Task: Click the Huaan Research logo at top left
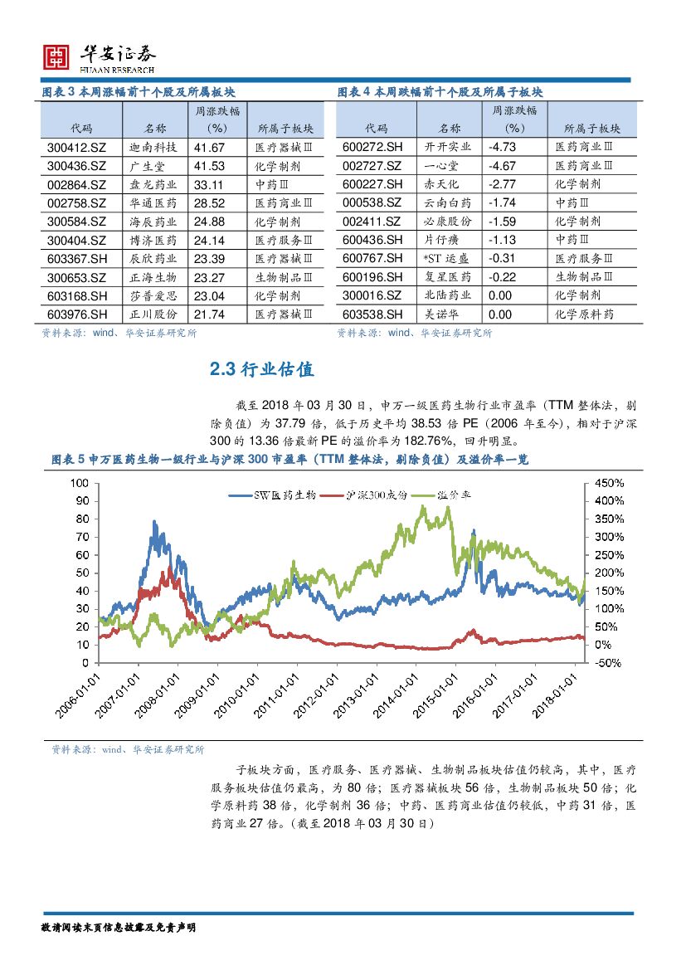coord(98,56)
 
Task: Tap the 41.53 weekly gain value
coord(210,166)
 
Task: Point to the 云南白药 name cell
coord(448,203)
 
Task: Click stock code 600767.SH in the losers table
coord(372,259)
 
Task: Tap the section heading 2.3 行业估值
coord(261,370)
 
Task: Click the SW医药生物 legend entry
coord(274,495)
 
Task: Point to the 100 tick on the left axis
coord(80,483)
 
